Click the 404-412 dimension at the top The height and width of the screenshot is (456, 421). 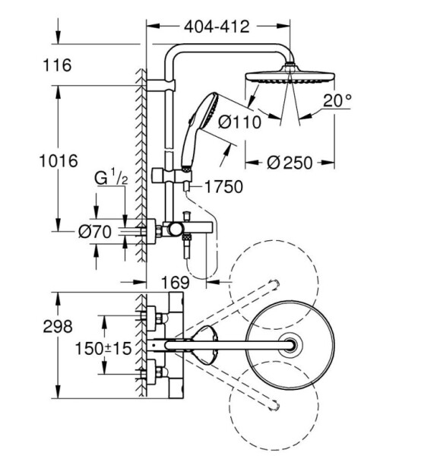tap(217, 27)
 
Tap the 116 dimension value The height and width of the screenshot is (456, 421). tap(57, 65)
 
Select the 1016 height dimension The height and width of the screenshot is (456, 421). tap(59, 160)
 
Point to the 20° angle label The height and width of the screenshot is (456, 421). tap(337, 100)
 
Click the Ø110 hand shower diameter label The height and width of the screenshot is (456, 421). tap(240, 122)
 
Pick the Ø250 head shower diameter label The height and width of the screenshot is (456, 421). tap(290, 163)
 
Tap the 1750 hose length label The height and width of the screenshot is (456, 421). tap(223, 186)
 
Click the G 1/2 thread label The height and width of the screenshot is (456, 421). tap(111, 179)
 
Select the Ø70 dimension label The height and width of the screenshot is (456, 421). tap(95, 232)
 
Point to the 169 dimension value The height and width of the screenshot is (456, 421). tap(175, 282)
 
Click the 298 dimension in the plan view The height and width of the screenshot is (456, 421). tap(58, 326)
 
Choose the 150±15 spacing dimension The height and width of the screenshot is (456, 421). tap(103, 348)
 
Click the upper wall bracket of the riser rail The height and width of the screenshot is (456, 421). tap(161, 84)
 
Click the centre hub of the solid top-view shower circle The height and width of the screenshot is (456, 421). tap(290, 345)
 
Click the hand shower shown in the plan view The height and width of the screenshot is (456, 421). tap(205, 345)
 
